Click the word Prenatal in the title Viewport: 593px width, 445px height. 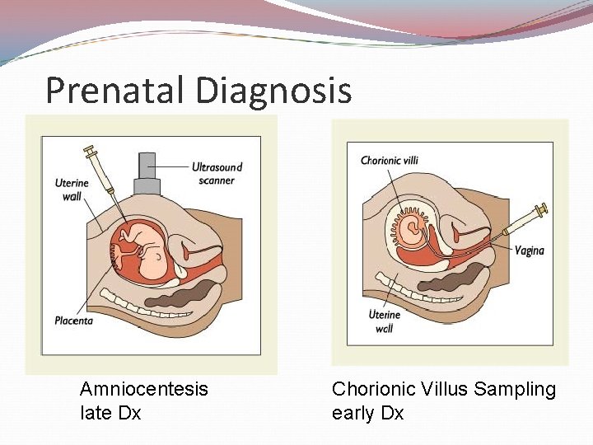click(x=114, y=90)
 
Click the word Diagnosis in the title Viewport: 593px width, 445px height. click(x=274, y=90)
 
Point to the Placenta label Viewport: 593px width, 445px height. click(x=74, y=320)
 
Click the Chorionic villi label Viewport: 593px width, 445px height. click(x=390, y=160)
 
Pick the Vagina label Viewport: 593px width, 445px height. click(x=530, y=251)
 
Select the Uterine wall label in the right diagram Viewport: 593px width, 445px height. click(x=384, y=321)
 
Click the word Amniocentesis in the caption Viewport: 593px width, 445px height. click(x=143, y=389)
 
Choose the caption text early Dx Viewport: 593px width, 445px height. click(x=367, y=413)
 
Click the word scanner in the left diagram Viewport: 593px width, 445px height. click(x=217, y=180)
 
